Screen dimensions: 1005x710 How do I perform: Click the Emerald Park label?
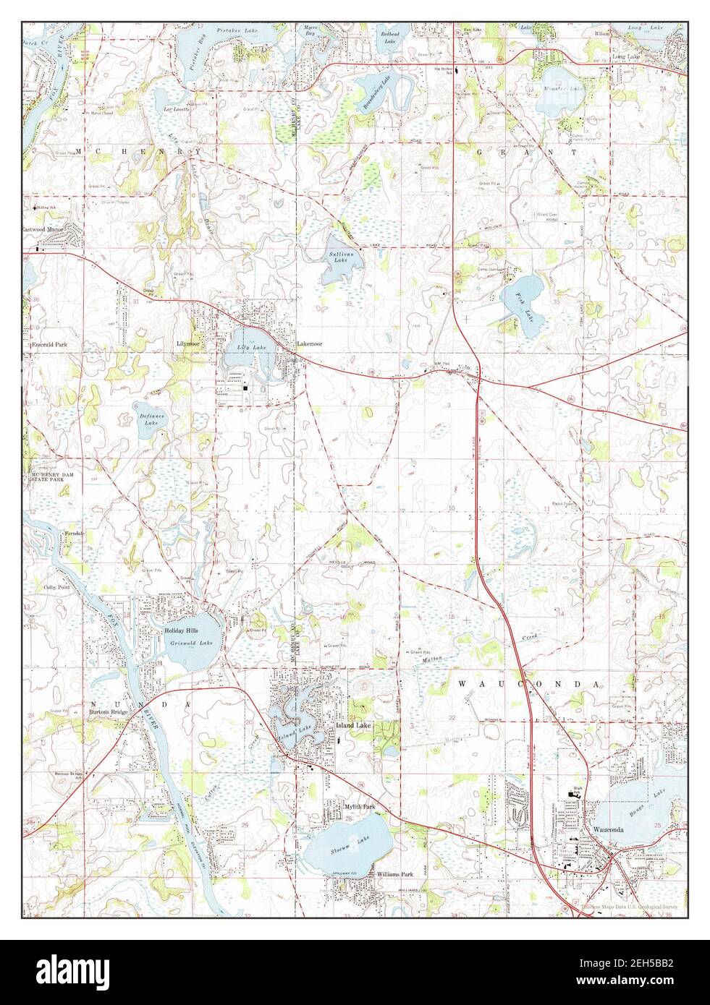click(49, 346)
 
